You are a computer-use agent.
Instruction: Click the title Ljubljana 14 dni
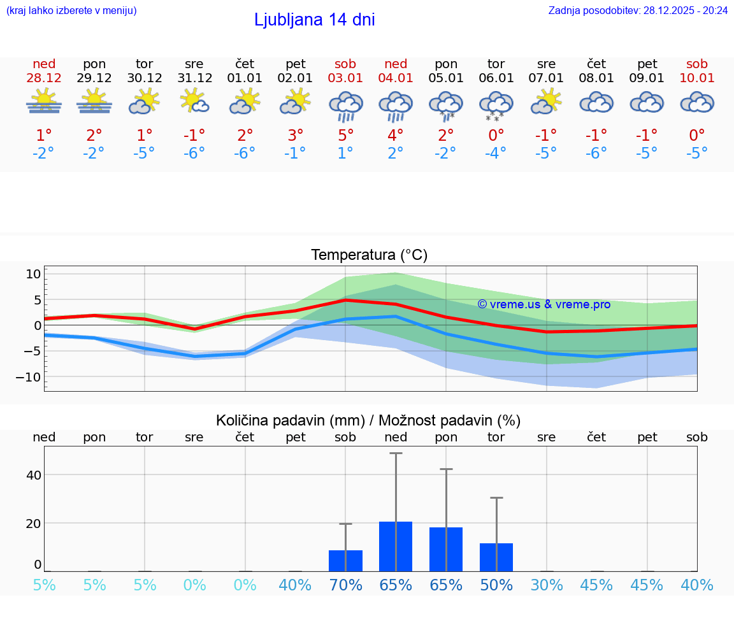click(x=314, y=20)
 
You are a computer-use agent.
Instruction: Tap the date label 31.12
click(x=194, y=78)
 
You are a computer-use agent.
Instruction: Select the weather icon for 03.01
click(x=345, y=105)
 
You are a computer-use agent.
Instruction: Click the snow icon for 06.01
click(x=496, y=105)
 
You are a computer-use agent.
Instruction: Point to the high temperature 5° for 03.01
click(x=345, y=136)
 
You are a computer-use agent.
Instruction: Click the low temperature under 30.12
click(x=144, y=153)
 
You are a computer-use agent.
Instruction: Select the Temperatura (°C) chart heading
click(x=369, y=255)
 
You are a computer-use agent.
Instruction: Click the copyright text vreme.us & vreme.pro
click(x=543, y=304)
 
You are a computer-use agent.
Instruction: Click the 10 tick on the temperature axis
click(x=33, y=275)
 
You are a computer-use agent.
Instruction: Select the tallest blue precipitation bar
click(x=396, y=546)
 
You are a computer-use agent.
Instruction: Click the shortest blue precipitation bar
click(x=345, y=560)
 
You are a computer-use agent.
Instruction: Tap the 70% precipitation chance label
click(x=345, y=585)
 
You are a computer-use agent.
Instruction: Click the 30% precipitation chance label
click(x=547, y=585)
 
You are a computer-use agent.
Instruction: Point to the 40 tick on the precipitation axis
click(x=33, y=475)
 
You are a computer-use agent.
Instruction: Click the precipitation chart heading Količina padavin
click(x=368, y=420)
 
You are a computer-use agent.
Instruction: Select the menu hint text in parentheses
click(x=71, y=10)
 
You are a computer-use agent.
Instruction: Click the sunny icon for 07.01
click(x=547, y=102)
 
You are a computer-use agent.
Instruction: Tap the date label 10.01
click(x=697, y=78)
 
